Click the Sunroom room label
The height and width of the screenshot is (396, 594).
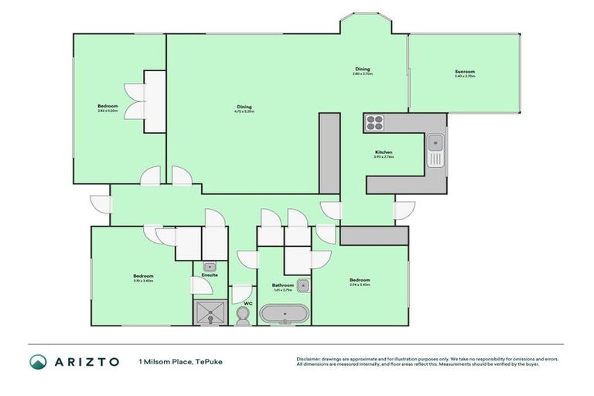465,72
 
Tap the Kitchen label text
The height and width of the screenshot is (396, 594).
384,152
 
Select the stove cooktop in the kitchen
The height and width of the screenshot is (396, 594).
374,122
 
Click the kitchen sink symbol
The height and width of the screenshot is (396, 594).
435,142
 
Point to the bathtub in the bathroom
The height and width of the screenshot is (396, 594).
284,314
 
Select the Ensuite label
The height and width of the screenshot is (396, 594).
210,275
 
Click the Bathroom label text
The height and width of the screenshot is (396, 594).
283,285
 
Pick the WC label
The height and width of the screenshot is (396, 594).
248,303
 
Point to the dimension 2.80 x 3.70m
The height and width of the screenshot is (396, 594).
363,74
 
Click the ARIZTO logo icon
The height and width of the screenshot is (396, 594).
39,361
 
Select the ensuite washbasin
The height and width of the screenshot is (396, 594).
209,266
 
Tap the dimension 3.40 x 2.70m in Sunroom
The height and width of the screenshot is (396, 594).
465,77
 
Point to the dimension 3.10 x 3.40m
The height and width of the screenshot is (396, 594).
143,281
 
